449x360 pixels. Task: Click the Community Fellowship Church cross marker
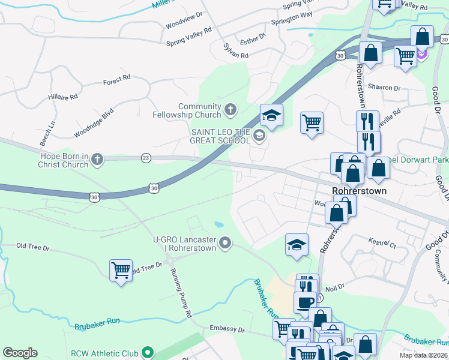coord(230,110)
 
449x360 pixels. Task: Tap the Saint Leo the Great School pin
coord(259,136)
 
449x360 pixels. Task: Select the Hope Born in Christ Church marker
coord(97,160)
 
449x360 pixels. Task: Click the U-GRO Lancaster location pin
coord(225,243)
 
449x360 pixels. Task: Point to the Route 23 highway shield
coord(146,157)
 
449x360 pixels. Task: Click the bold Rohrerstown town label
coord(359,191)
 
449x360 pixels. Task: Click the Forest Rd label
coord(116,79)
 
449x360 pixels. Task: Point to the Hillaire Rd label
coord(63,97)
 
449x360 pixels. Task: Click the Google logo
coord(20,353)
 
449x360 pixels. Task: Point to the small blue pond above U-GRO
coord(219,225)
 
